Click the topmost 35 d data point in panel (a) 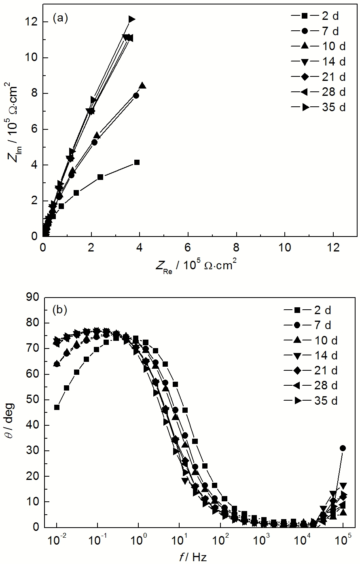click(131, 19)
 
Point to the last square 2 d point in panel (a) click(137, 162)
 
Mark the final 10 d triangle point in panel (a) click(142, 86)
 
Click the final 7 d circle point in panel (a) click(136, 95)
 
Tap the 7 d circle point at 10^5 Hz click(343, 448)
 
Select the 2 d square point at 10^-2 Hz click(57, 407)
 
